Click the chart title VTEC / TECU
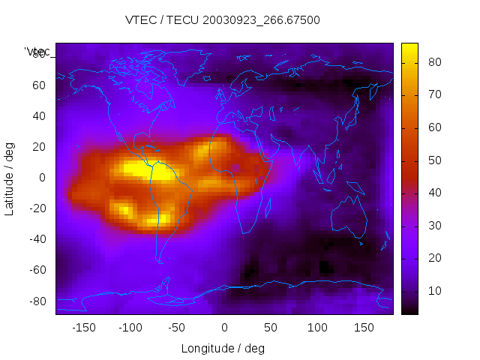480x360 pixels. [223, 20]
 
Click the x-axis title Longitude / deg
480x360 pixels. [223, 348]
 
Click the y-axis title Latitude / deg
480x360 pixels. [10, 177]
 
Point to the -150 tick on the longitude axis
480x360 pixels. [83, 327]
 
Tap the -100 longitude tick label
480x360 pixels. [130, 327]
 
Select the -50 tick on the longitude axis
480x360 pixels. [177, 327]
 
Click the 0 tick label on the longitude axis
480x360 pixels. [223, 327]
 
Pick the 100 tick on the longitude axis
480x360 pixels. [317, 327]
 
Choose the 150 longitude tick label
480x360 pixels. [364, 327]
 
